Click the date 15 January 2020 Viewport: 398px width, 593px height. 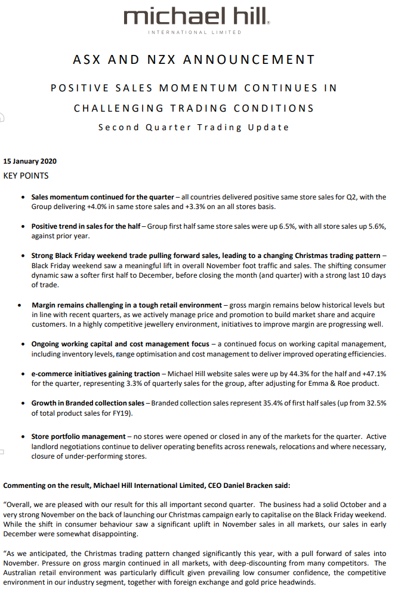[30, 161]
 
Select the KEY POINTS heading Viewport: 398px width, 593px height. [26, 176]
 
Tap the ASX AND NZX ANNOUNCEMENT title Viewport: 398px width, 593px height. [194, 60]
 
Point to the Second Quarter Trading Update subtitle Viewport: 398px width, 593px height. [194, 127]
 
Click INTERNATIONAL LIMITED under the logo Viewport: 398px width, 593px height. [195, 32]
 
